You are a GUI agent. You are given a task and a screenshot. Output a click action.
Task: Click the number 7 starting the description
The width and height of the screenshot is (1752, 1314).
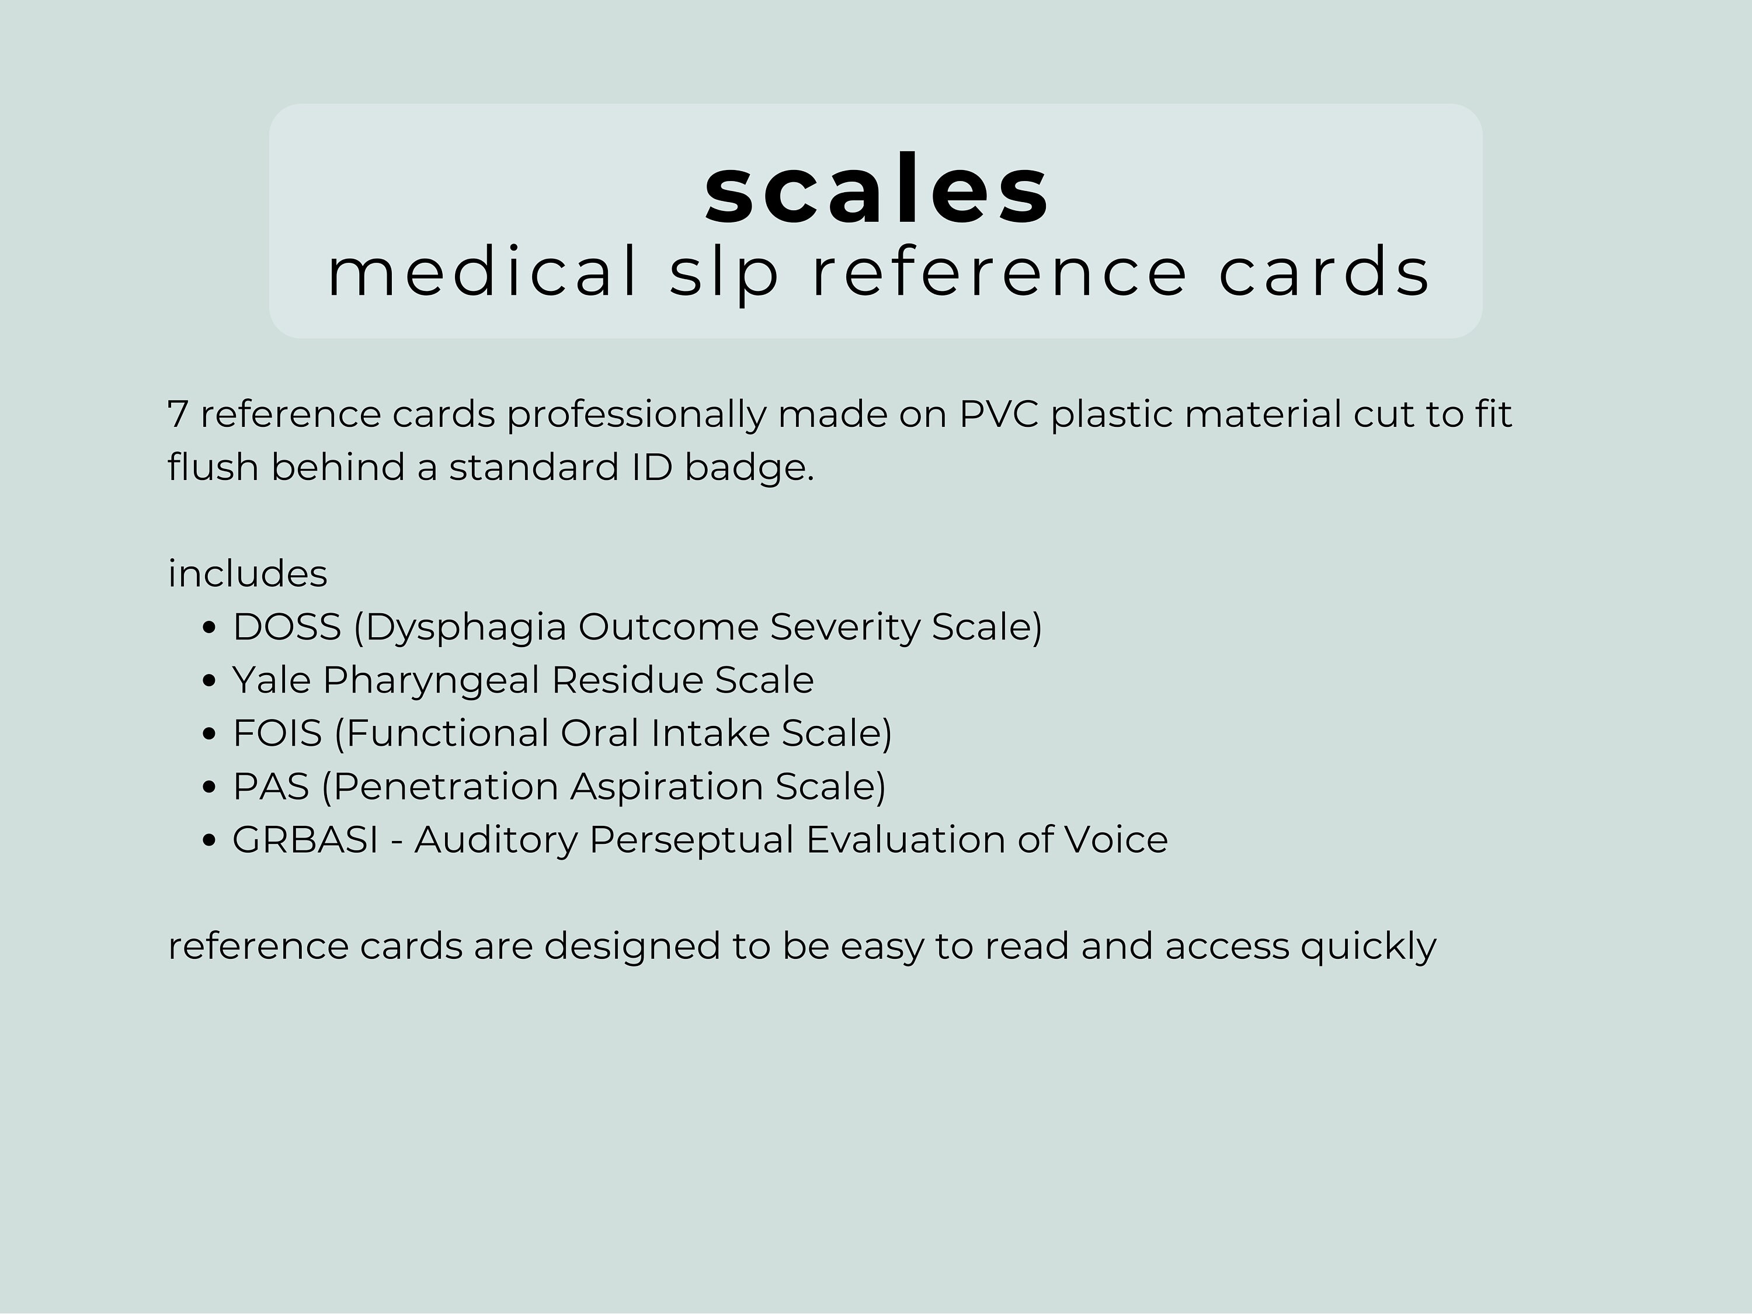coord(178,414)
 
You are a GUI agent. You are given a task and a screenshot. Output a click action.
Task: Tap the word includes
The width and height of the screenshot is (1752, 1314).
coord(247,573)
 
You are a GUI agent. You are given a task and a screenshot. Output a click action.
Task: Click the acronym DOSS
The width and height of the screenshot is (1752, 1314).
coord(287,627)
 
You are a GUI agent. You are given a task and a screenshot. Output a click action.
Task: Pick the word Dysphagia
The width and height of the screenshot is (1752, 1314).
coord(465,628)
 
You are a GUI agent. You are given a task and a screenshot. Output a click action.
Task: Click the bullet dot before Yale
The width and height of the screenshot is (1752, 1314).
coord(209,680)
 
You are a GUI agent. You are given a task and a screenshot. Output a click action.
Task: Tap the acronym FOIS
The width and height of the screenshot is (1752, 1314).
coord(277,734)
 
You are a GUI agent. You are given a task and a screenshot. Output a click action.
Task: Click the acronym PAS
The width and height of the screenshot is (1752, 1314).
coord(270,787)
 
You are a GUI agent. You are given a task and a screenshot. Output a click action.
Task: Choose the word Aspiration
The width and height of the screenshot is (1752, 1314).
coord(666,788)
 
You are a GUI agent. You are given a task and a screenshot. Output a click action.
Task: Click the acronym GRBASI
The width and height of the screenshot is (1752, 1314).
coord(305,840)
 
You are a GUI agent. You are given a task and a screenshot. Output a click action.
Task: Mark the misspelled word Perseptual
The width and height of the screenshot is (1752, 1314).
coord(691,840)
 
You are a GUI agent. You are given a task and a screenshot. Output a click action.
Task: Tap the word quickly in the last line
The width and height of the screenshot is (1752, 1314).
coord(1368,947)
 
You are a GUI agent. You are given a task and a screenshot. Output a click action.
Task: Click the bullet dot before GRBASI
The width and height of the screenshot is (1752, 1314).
coord(209,840)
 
